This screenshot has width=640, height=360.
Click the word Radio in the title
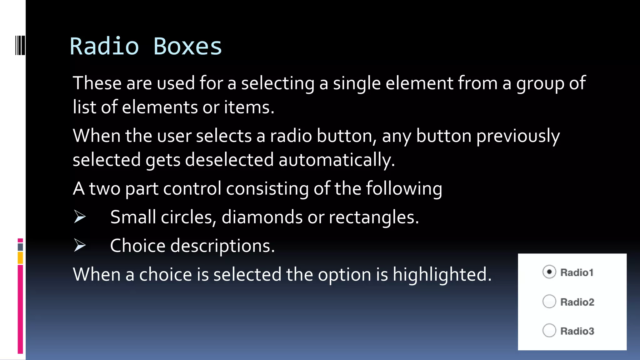104,47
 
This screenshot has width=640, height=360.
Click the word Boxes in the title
187,47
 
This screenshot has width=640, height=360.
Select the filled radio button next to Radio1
549,272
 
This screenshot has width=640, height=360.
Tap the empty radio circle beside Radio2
549,302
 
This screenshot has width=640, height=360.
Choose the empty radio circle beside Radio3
549,331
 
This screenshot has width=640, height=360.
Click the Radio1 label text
577,272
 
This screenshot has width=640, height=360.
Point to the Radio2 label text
577,302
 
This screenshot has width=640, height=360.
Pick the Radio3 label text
577,331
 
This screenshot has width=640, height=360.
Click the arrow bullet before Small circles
80,217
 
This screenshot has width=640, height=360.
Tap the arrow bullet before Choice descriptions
80,245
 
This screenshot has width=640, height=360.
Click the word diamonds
262,217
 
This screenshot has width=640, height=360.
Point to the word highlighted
442,275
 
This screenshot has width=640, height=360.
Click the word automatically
337,160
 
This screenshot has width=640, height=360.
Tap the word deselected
229,160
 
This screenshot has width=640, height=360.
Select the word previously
518,136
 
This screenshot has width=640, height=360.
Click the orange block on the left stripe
20,258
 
